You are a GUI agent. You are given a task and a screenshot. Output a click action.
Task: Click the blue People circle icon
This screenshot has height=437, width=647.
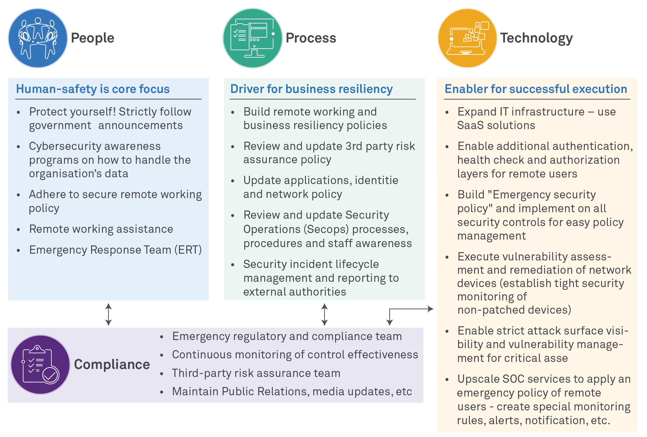point(38,38)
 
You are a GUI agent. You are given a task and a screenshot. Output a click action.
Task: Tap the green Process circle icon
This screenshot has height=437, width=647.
point(252,38)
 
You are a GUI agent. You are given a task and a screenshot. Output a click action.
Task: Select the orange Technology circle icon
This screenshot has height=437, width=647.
point(468,38)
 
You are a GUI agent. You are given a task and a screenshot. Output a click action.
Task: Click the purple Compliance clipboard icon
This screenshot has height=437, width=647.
point(40,365)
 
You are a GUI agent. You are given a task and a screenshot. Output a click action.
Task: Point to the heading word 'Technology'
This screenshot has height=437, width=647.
point(536,38)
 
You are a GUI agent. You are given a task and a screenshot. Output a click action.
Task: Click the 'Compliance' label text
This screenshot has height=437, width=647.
point(112,365)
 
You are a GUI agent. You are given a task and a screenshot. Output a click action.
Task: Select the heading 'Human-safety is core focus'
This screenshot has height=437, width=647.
point(93,89)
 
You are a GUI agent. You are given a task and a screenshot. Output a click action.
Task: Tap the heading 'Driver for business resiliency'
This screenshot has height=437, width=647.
point(311,89)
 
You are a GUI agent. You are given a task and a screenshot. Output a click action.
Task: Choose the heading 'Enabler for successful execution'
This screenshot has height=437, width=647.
point(536,89)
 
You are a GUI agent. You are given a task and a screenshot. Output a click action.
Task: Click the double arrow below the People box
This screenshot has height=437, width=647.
point(108,314)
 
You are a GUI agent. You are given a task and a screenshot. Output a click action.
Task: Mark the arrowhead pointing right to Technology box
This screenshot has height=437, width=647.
point(431,309)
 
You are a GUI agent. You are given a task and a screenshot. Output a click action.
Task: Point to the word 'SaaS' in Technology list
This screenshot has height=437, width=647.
point(470,125)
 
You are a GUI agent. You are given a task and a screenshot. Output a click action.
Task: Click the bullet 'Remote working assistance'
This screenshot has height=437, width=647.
point(101,229)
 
